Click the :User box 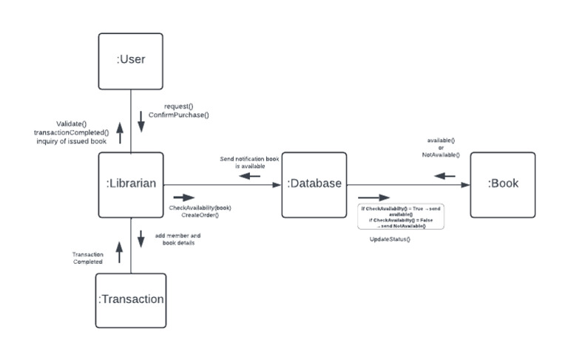click(131, 61)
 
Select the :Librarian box click(131, 184)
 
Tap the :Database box click(314, 184)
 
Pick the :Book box click(503, 184)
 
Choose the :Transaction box click(131, 299)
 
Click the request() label click(178, 106)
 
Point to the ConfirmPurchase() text click(178, 115)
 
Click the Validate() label click(72, 123)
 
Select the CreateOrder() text click(200, 215)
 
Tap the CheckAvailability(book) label click(200, 208)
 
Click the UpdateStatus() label click(390, 240)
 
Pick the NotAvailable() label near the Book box click(441, 155)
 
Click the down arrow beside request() click(141, 122)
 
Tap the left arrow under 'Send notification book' click(248, 176)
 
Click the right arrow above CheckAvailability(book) click(183, 198)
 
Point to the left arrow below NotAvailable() click(444, 176)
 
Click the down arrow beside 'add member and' click(141, 240)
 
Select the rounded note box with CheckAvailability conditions click(400, 217)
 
